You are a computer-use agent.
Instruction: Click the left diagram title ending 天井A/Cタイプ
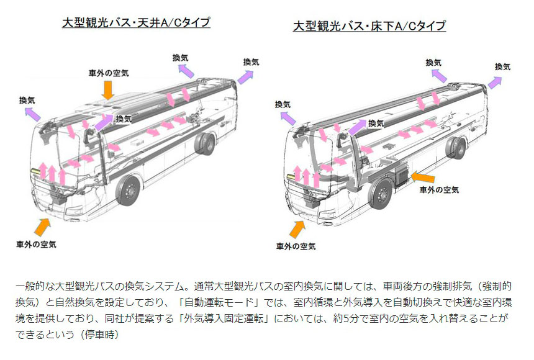click(136, 22)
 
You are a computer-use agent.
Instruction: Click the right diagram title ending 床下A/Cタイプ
click(369, 26)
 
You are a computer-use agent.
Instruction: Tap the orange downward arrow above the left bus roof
click(108, 90)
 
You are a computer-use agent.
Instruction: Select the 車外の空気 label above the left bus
click(109, 73)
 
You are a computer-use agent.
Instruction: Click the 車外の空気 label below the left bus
click(36, 244)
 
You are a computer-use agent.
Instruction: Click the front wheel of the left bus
click(128, 191)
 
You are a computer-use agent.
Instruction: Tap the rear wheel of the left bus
click(205, 143)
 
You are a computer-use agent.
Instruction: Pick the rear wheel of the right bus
click(456, 148)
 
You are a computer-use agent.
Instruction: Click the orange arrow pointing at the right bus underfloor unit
click(423, 177)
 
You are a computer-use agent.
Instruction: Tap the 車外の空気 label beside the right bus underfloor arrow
click(440, 190)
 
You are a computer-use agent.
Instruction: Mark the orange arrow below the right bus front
click(297, 229)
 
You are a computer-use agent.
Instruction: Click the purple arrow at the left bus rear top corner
click(245, 77)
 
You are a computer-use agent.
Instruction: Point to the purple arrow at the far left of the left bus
click(33, 114)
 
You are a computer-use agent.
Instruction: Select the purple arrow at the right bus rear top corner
click(495, 83)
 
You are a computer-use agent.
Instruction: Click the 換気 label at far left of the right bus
click(283, 104)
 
